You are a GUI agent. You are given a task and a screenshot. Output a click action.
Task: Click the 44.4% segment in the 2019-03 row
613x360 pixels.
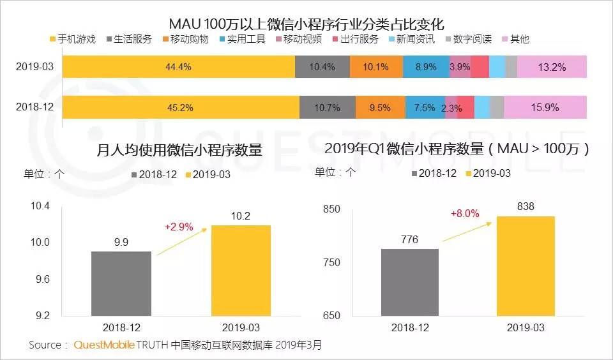click(x=179, y=67)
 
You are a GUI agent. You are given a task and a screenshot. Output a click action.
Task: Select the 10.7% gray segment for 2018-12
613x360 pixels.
click(x=328, y=107)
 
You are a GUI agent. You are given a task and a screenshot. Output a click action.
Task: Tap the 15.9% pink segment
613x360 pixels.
click(x=545, y=107)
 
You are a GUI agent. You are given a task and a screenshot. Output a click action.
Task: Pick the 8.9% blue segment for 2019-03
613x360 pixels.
click(x=426, y=67)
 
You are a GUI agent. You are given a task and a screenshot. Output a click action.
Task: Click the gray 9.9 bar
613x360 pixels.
click(x=121, y=283)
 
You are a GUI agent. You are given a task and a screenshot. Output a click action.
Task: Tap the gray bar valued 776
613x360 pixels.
click(x=409, y=282)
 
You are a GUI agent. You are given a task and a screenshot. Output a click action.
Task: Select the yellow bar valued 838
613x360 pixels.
click(x=526, y=266)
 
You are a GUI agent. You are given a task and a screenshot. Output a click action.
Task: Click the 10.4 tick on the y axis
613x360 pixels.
click(x=38, y=206)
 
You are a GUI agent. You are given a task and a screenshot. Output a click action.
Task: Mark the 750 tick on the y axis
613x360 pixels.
click(x=331, y=262)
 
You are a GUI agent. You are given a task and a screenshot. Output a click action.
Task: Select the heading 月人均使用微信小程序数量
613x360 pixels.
click(x=179, y=151)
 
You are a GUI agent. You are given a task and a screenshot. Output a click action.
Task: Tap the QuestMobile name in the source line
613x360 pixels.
click(x=104, y=345)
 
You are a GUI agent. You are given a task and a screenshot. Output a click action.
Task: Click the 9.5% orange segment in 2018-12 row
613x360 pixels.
click(x=380, y=107)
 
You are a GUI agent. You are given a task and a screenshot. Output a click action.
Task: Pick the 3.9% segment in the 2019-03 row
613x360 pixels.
click(x=460, y=67)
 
